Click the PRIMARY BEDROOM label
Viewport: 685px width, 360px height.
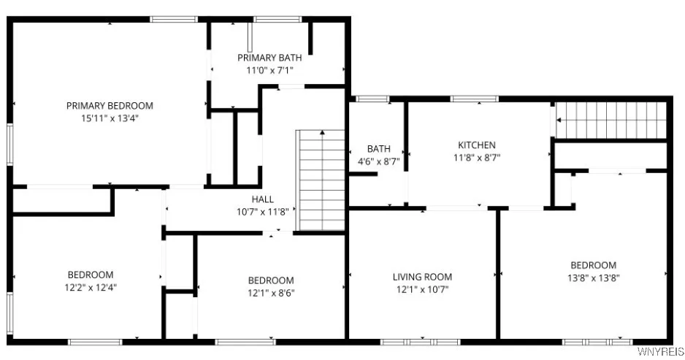pyautogui.click(x=110, y=106)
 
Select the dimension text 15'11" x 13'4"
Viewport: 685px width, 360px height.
pyautogui.click(x=110, y=118)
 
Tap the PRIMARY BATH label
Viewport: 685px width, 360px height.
pyautogui.click(x=266, y=58)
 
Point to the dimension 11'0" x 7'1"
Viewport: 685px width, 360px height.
pyautogui.click(x=266, y=70)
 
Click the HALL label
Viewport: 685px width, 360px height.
pyautogui.click(x=263, y=199)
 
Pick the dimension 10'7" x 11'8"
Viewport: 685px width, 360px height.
pyautogui.click(x=263, y=212)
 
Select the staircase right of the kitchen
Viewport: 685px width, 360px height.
pyautogui.click(x=612, y=120)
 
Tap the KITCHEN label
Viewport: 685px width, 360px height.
pyautogui.click(x=476, y=145)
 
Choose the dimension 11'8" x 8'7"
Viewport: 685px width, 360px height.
pyautogui.click(x=476, y=157)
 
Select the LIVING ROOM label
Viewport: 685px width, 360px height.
pyautogui.click(x=422, y=277)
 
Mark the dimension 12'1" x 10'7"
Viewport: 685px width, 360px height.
pyautogui.click(x=422, y=289)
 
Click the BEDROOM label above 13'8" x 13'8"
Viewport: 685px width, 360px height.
pyautogui.click(x=593, y=265)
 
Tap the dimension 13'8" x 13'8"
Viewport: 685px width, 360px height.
pyautogui.click(x=593, y=277)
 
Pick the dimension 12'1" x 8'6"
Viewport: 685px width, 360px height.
pyautogui.click(x=271, y=293)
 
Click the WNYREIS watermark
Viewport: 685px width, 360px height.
pyautogui.click(x=660, y=352)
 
